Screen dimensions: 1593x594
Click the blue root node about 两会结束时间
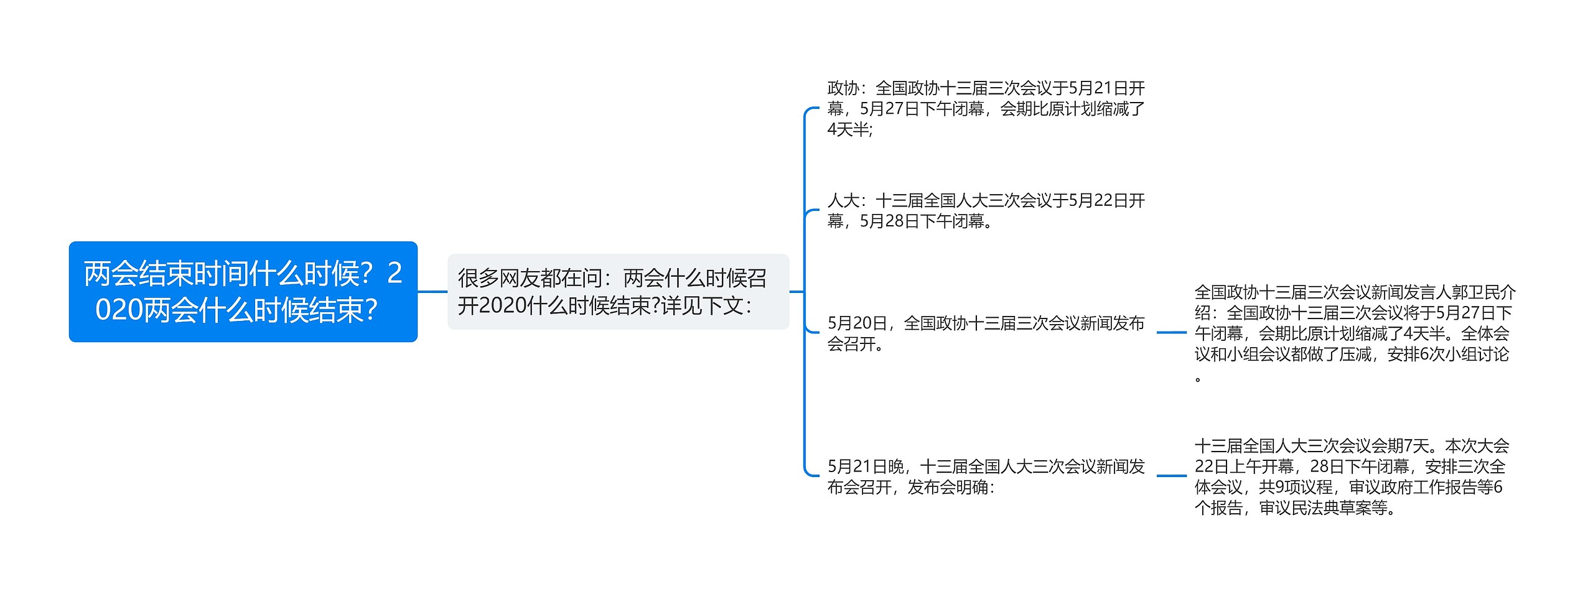(x=243, y=291)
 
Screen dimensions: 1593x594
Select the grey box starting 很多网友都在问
(x=618, y=291)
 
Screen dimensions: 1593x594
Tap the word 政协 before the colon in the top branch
(x=843, y=88)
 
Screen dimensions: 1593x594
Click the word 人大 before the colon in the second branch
(x=843, y=201)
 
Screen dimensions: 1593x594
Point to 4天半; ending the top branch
(x=850, y=129)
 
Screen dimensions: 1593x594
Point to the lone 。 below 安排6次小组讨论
(x=1198, y=378)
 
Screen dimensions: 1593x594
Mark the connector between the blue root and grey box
(x=432, y=291)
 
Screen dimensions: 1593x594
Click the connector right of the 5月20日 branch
(x=1171, y=333)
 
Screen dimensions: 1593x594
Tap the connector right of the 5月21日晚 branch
(x=1171, y=476)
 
